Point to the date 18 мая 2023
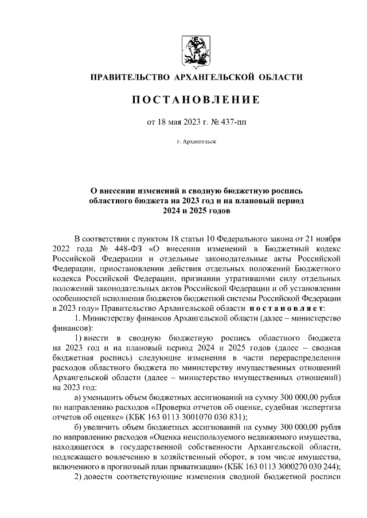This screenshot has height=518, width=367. [x=182, y=121]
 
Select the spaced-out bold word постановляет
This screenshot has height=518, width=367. [x=287, y=310]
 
